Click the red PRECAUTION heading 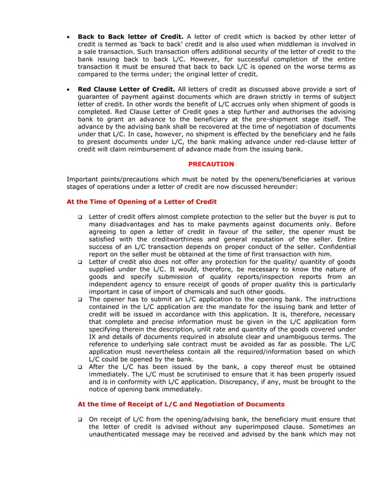pyautogui.click(x=211, y=164)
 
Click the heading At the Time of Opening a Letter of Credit pyautogui.click(x=142, y=202)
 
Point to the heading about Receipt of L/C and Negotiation pyautogui.click(x=181, y=404)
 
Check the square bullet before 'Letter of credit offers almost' pyautogui.click(x=80, y=217)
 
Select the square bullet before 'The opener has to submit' pyautogui.click(x=80, y=300)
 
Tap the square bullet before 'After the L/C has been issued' pyautogui.click(x=80, y=367)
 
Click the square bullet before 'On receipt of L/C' pyautogui.click(x=80, y=420)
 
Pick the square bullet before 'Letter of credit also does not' pyautogui.click(x=80, y=262)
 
